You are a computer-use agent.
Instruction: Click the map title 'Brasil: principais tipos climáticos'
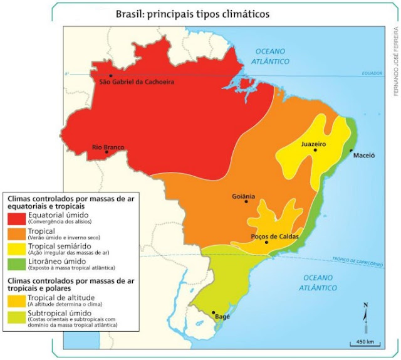pyautogui.click(x=194, y=13)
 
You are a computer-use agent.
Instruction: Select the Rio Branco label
pyautogui.click(x=108, y=147)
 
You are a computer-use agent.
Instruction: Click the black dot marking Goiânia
pyautogui.click(x=247, y=201)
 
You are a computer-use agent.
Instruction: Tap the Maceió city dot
pyautogui.click(x=351, y=151)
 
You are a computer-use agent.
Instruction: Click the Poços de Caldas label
pyautogui.click(x=268, y=236)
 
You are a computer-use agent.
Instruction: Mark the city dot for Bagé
pyautogui.click(x=214, y=312)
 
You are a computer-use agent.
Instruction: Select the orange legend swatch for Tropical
pyautogui.click(x=16, y=235)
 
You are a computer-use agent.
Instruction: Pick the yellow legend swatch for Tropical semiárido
pyautogui.click(x=16, y=250)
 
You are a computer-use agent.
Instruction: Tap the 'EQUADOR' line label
pyautogui.click(x=372, y=73)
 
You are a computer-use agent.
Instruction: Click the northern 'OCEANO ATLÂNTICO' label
pyautogui.click(x=270, y=56)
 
